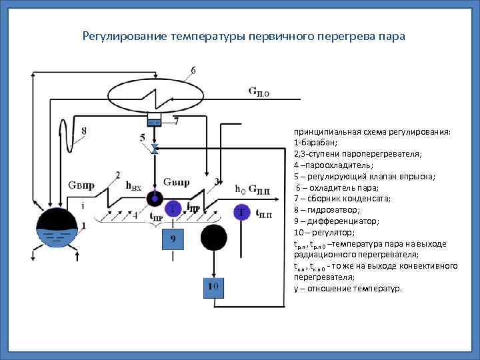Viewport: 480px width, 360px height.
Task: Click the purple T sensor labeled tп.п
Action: (241, 211)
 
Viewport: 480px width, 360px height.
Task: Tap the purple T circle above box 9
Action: (173, 209)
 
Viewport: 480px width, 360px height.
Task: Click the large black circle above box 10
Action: (214, 238)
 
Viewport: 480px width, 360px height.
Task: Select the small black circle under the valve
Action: (155, 198)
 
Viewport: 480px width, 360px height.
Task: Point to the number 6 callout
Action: (193, 71)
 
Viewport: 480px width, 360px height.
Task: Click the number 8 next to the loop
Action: (83, 131)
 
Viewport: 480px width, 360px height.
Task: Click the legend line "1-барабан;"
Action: (315, 143)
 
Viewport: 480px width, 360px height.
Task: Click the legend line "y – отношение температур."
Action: (347, 289)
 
